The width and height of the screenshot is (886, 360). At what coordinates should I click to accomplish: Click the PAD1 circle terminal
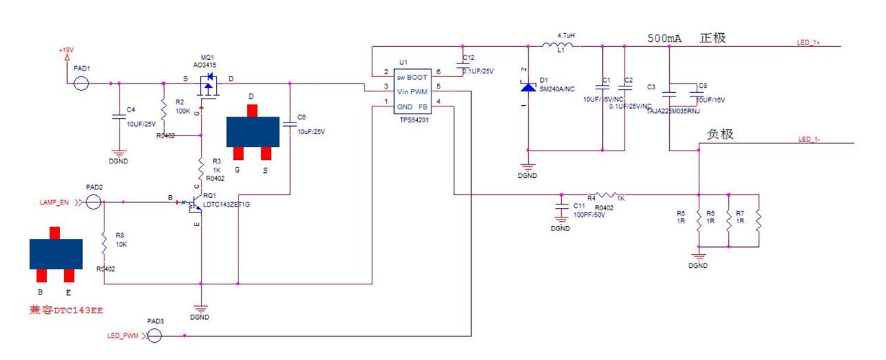coord(81,83)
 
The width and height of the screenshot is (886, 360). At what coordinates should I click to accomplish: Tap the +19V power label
coord(66,50)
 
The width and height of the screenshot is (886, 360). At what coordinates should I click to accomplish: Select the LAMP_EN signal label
coord(54,203)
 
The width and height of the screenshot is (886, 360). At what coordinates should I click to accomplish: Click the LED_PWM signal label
coord(122,336)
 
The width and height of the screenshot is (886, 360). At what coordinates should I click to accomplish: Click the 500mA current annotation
coord(665,39)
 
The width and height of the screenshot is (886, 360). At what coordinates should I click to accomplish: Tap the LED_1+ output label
coord(807,42)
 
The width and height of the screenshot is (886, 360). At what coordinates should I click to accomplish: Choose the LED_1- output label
coord(809,139)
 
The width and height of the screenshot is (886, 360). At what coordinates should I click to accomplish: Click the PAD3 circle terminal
coord(154,336)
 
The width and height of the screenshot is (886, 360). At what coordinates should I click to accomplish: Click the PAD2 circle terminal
coord(93,202)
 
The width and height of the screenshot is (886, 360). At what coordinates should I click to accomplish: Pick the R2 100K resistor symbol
coord(164,111)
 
